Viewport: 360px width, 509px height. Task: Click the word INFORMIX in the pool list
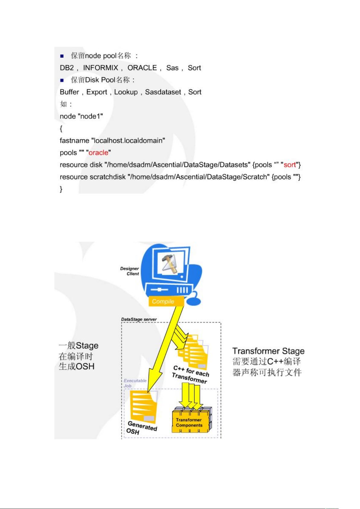tap(100, 68)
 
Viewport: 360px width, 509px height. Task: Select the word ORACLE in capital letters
tap(142, 68)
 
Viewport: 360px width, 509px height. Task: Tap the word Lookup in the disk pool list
tap(126, 92)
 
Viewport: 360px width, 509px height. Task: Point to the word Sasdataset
tap(163, 92)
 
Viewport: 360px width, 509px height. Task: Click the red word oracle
tap(98, 153)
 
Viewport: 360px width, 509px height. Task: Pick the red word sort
tap(290, 165)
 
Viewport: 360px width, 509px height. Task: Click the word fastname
tap(74, 140)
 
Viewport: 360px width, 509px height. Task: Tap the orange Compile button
tap(166, 301)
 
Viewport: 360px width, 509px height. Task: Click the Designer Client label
tap(130, 271)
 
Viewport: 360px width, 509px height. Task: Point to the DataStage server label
tap(139, 319)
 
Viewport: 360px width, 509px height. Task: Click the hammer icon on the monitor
tap(169, 263)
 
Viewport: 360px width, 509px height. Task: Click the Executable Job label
tap(135, 383)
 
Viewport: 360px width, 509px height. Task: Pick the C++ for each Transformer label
tap(190, 374)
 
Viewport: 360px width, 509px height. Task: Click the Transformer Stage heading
tap(268, 351)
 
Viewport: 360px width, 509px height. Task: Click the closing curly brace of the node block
tap(61, 189)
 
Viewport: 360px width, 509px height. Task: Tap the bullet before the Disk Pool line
tap(62, 80)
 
